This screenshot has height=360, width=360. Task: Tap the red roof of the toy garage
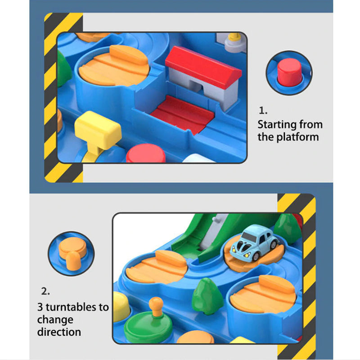click(203, 67)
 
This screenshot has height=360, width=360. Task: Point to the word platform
click(297, 137)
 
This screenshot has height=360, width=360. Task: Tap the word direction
click(59, 332)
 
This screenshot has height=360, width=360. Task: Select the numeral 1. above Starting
click(263, 111)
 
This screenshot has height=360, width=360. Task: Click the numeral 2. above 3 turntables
click(45, 291)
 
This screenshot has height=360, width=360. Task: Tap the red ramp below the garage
click(183, 115)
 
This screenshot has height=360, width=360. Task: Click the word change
click(55, 320)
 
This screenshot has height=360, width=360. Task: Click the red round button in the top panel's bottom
click(146, 153)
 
